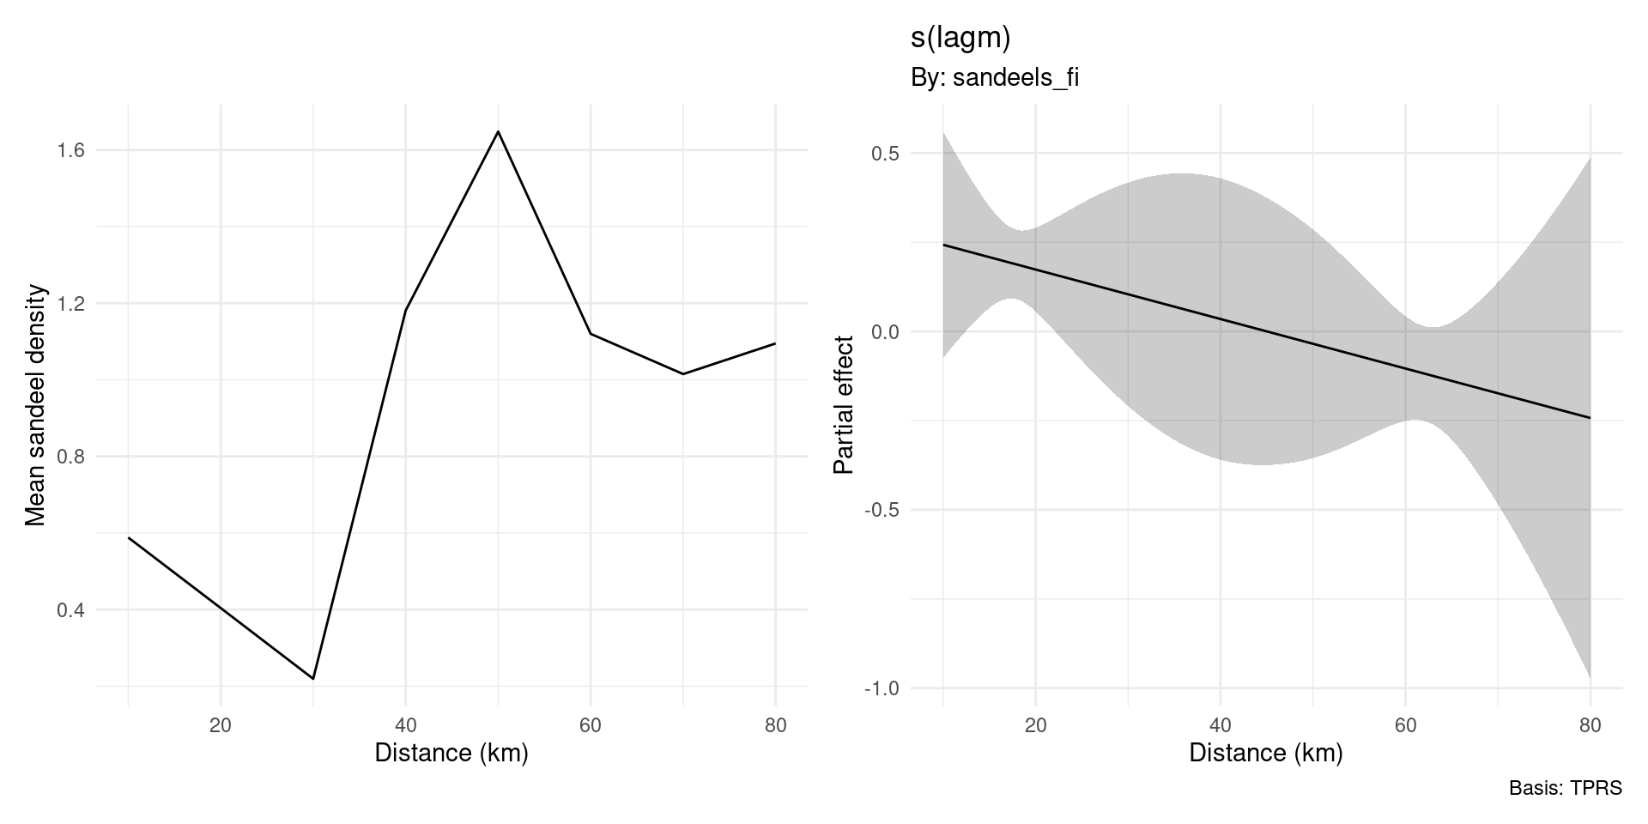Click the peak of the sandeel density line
pyautogui.click(x=498, y=131)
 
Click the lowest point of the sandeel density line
pyautogui.click(x=313, y=678)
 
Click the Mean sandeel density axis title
pyautogui.click(x=34, y=405)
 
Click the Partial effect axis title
pyautogui.click(x=845, y=405)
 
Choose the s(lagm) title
pyautogui.click(x=960, y=38)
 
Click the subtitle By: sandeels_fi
pyautogui.click(x=994, y=78)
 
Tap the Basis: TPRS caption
pyautogui.click(x=1565, y=788)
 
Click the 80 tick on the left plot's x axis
pyautogui.click(x=775, y=725)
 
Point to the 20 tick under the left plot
pyautogui.click(x=221, y=725)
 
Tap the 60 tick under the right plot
pyautogui.click(x=1405, y=725)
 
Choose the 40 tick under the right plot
pyautogui.click(x=1221, y=725)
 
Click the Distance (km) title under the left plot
pyautogui.click(x=451, y=754)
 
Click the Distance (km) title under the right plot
pyautogui.click(x=1265, y=754)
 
